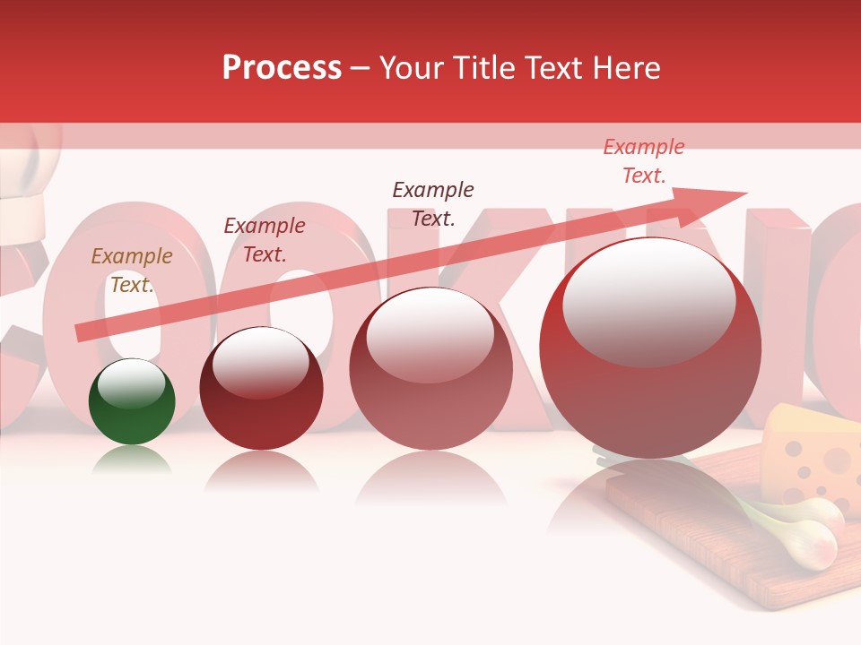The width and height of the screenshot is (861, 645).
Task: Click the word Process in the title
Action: tap(282, 68)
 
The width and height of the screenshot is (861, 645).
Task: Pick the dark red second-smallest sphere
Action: tap(261, 390)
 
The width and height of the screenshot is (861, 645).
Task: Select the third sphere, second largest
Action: tap(430, 369)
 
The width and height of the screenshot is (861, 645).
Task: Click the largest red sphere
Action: tap(649, 349)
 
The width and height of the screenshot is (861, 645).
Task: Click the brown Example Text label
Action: tap(132, 271)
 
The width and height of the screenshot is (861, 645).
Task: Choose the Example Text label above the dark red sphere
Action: tap(265, 240)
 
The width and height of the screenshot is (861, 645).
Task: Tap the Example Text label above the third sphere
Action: tap(433, 203)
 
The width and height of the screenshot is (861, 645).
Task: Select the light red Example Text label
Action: tap(644, 161)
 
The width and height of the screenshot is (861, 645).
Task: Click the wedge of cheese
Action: tap(812, 452)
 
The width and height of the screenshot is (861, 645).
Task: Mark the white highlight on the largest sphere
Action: tap(648, 300)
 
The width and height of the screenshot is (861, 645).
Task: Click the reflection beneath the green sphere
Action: tap(132, 461)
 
